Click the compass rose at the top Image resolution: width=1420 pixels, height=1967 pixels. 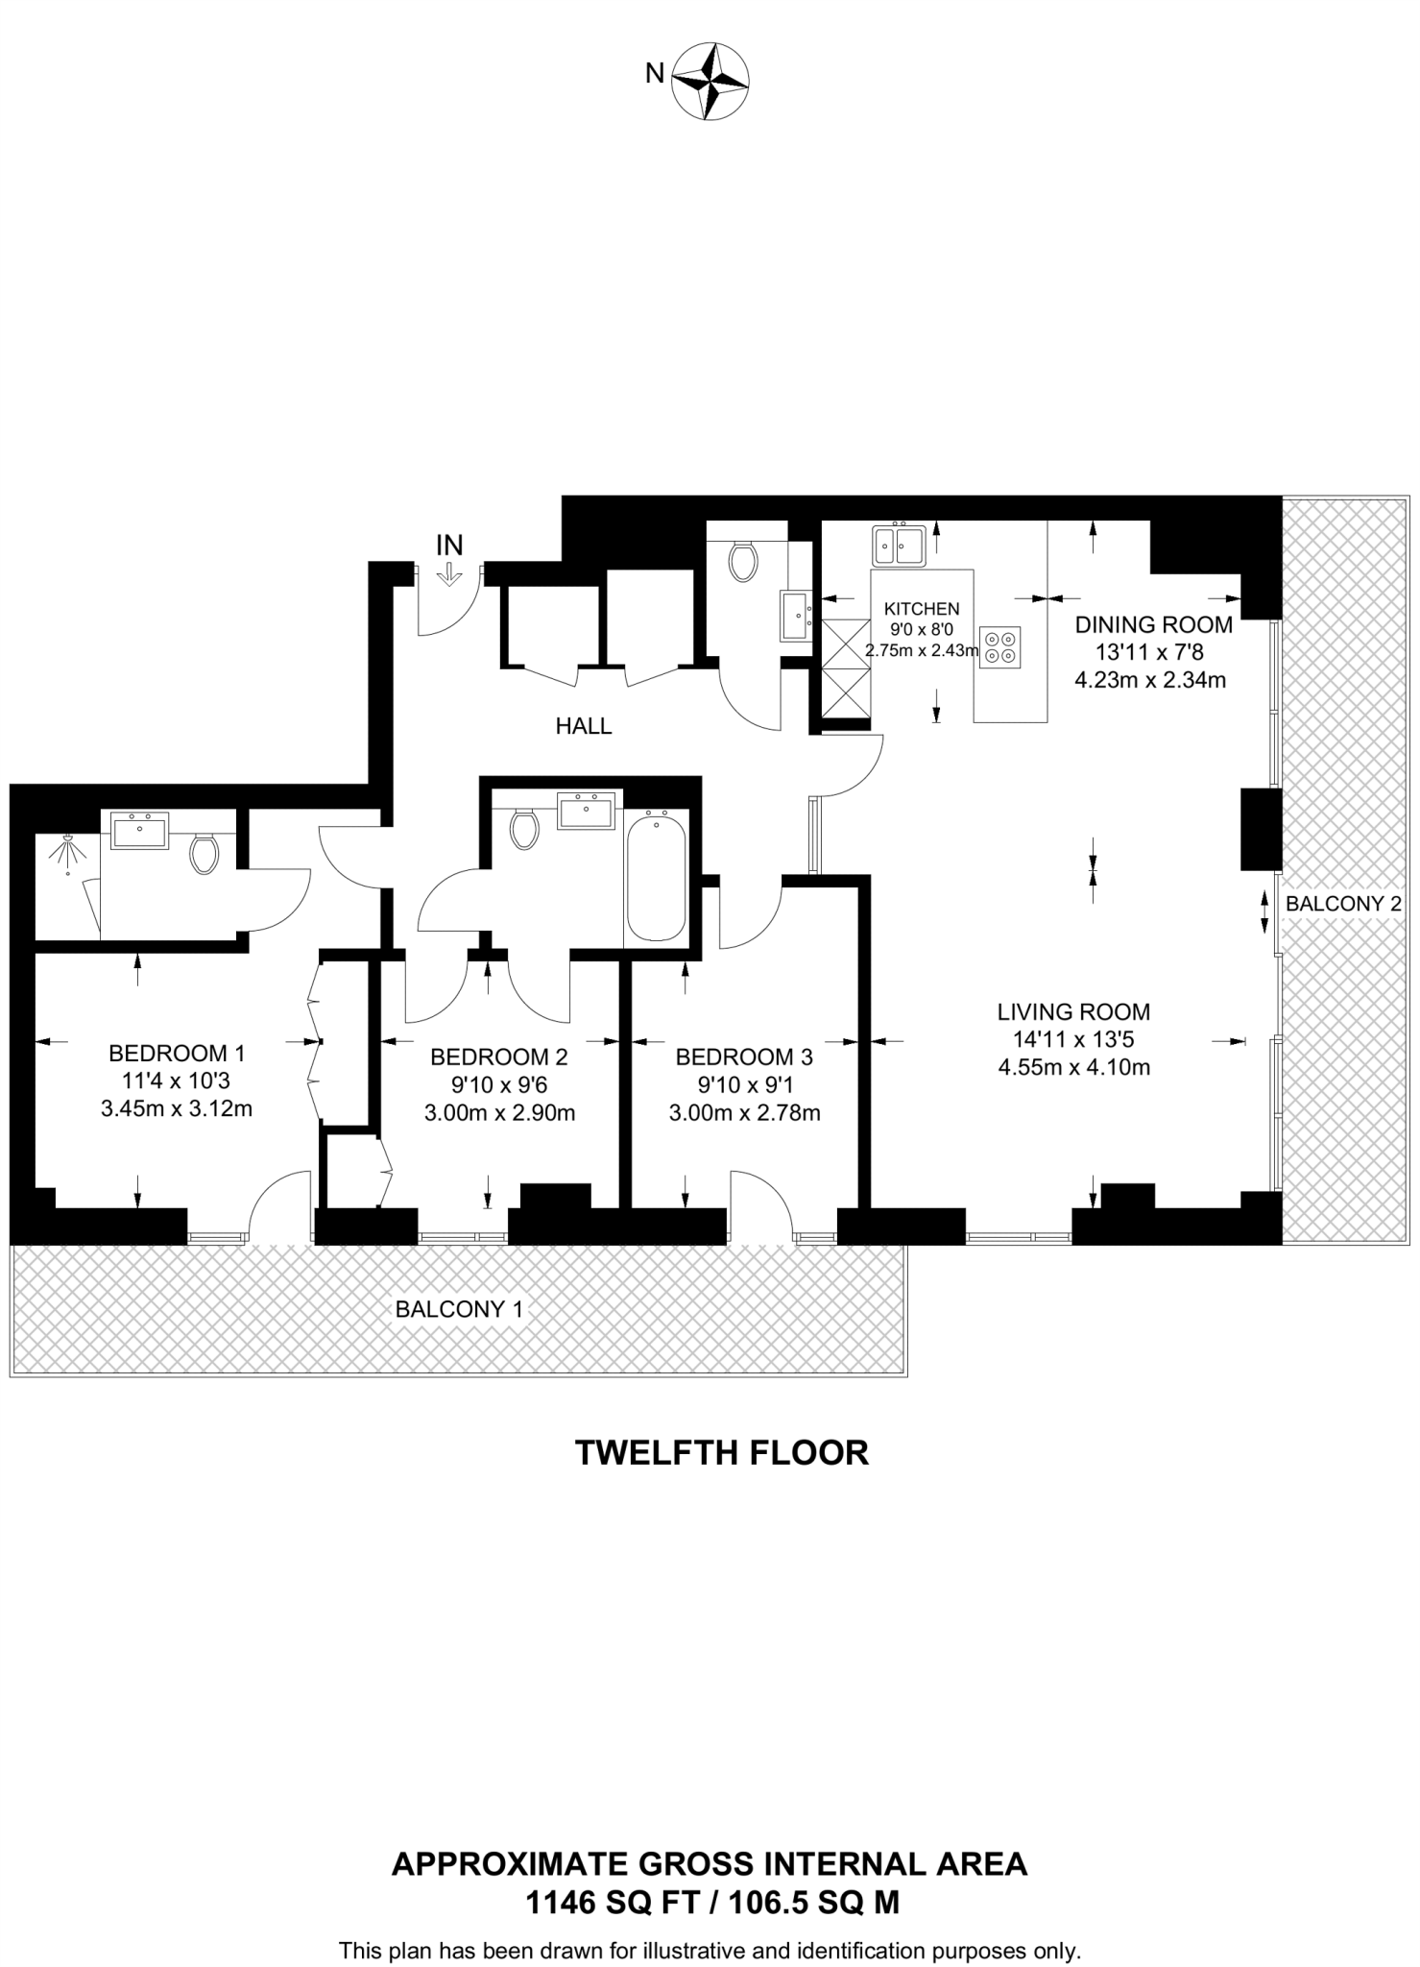(710, 81)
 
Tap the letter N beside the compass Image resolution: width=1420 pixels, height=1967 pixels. (655, 73)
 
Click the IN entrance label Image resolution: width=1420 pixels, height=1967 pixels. (449, 546)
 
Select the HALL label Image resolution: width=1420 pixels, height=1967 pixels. (584, 726)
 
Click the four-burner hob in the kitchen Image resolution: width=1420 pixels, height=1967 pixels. (1000, 646)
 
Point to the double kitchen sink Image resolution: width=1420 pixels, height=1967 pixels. (898, 546)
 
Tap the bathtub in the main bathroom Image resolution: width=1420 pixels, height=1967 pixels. (657, 876)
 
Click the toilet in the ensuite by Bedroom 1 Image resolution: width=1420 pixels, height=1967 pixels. (204, 853)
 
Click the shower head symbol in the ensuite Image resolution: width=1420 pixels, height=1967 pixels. (67, 850)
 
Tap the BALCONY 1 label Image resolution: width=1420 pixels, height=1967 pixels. (460, 1309)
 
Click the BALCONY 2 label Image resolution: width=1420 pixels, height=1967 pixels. (1343, 904)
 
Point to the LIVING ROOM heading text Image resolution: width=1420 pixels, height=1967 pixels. (1073, 1011)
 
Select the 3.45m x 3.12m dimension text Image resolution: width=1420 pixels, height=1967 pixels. (177, 1109)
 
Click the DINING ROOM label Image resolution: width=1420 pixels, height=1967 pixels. (1154, 624)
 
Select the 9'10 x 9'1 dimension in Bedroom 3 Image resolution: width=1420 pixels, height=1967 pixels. (744, 1085)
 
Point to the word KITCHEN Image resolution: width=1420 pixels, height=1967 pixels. (922, 609)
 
